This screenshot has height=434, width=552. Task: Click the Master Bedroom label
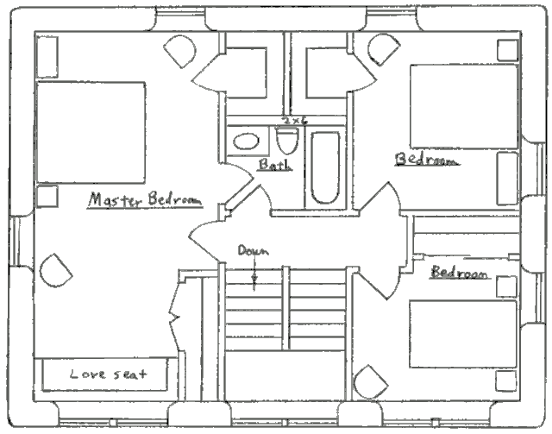tap(145, 199)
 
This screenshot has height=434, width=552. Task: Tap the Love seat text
tap(108, 374)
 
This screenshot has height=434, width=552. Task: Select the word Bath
tap(275, 164)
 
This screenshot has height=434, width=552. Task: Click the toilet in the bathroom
tap(287, 140)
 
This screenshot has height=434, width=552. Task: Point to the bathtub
tap(325, 167)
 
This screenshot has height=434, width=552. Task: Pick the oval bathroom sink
tap(246, 142)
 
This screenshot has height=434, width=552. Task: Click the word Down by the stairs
tap(254, 250)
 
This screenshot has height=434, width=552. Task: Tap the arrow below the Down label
tap(254, 274)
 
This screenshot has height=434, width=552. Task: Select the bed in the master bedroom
tap(91, 133)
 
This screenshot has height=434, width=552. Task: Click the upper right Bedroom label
tap(427, 160)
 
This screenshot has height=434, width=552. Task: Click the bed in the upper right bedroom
tap(464, 106)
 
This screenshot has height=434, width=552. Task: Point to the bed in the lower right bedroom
tap(462, 334)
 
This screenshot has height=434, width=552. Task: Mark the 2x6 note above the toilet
tap(296, 121)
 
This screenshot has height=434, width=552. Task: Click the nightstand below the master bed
tap(47, 196)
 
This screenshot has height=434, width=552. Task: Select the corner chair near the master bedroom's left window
tap(55, 271)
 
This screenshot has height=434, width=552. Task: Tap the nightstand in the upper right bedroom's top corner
tap(508, 50)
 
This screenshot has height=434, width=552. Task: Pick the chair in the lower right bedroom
tap(370, 382)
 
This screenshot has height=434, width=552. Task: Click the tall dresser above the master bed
tap(47, 57)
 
